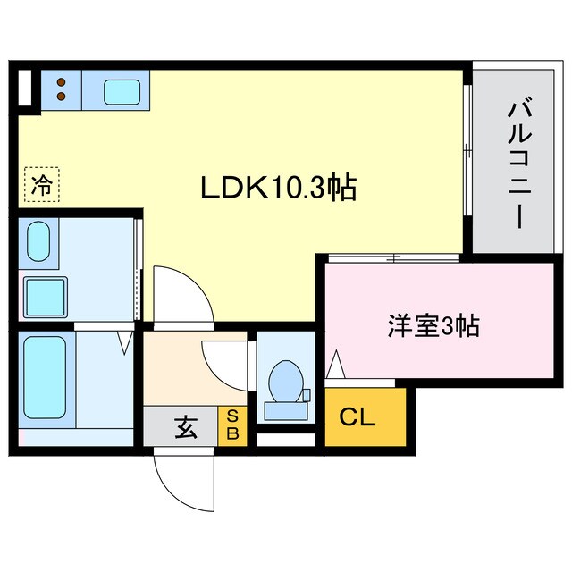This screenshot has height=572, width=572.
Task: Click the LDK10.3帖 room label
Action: (278, 188)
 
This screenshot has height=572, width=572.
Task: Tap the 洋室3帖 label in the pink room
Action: (433, 326)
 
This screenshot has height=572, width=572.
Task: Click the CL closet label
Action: (357, 417)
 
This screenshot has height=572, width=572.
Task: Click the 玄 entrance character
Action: (185, 428)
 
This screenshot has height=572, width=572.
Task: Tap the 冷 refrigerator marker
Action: (41, 185)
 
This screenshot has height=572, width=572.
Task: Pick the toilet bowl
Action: (286, 380)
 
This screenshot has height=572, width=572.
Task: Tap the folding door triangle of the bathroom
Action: (126, 341)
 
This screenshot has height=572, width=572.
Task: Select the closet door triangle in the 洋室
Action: (336, 365)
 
